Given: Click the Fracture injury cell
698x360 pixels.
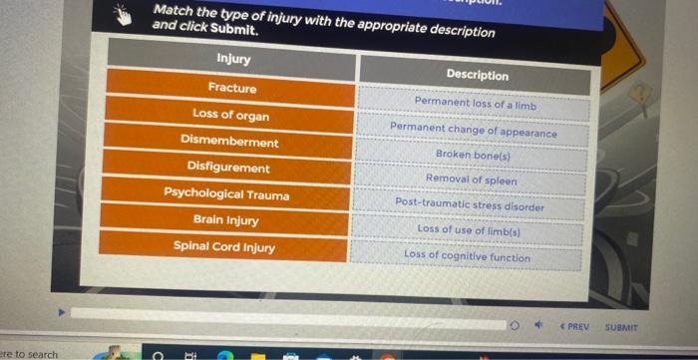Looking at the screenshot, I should pyautogui.click(x=231, y=89).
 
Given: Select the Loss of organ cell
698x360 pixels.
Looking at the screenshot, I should pyautogui.click(x=230, y=115).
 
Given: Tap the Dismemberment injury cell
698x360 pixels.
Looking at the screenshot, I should pyautogui.click(x=229, y=142).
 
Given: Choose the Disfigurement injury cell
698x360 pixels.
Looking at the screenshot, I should pyautogui.click(x=228, y=168).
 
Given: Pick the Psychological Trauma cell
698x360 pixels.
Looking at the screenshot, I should pyautogui.click(x=227, y=194).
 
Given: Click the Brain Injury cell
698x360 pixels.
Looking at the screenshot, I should pyautogui.click(x=226, y=220).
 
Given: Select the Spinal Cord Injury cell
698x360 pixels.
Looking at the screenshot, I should pyautogui.click(x=224, y=246).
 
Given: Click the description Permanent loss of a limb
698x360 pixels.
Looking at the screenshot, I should pyautogui.click(x=475, y=102).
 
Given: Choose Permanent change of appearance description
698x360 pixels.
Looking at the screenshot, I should pyautogui.click(x=474, y=131).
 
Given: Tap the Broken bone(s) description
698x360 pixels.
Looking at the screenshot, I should pyautogui.click(x=472, y=155).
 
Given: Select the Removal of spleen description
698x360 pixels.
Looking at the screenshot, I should pyautogui.click(x=472, y=180).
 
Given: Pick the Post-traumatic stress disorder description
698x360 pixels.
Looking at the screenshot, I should pyautogui.click(x=470, y=204).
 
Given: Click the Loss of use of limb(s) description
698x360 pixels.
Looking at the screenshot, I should pyautogui.click(x=469, y=229).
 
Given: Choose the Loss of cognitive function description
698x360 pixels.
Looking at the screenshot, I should pyautogui.click(x=468, y=256).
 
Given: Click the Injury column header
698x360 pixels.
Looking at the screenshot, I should pyautogui.click(x=232, y=60).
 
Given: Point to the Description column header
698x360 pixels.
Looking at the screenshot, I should pyautogui.click(x=477, y=75).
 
